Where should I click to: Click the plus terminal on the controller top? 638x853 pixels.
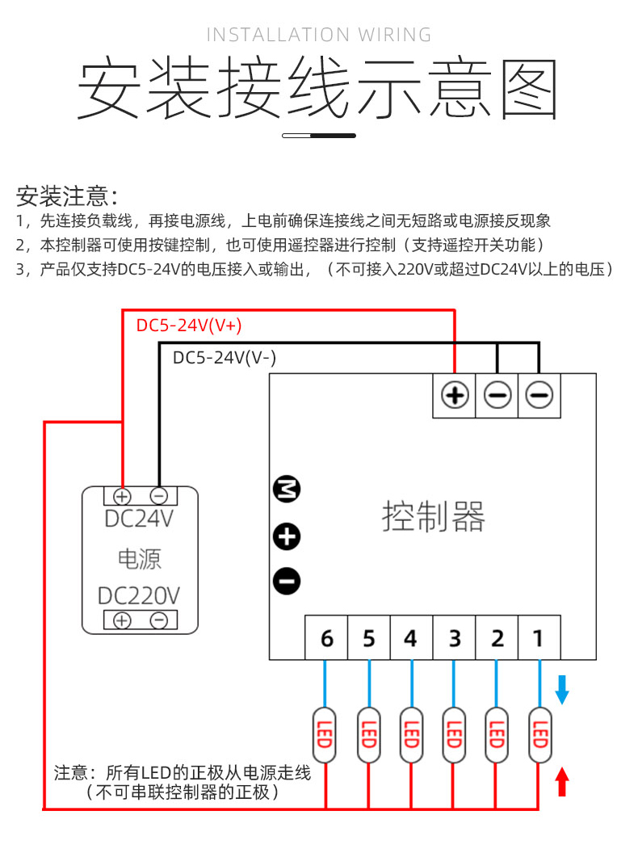click(x=455, y=395)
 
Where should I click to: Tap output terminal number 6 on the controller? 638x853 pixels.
click(x=326, y=639)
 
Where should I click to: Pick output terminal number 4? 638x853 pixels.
click(x=411, y=639)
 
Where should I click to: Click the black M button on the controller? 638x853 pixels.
click(x=286, y=489)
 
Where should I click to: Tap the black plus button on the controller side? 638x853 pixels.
click(x=286, y=536)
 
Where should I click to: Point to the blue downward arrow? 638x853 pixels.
click(x=563, y=687)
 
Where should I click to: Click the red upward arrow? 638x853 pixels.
click(x=563, y=782)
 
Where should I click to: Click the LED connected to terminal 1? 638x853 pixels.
click(x=539, y=735)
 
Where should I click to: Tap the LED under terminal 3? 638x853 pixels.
click(x=454, y=735)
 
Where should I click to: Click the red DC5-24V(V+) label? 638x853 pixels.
click(x=189, y=326)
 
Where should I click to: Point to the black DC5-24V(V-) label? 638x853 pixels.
click(x=225, y=358)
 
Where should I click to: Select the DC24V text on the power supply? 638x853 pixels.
click(x=139, y=519)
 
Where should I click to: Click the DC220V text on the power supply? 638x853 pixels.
click(x=139, y=596)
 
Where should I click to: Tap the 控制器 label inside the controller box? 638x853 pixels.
click(x=434, y=516)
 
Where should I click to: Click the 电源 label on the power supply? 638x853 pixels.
click(x=139, y=558)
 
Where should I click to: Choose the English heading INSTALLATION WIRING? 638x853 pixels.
click(x=319, y=35)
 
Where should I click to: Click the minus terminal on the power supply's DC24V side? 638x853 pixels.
click(x=159, y=495)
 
